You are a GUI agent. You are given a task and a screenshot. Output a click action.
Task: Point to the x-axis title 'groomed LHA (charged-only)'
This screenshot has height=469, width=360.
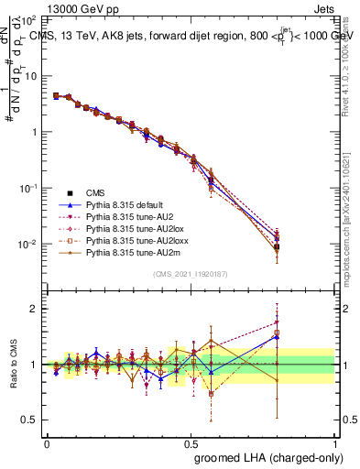point(267,456)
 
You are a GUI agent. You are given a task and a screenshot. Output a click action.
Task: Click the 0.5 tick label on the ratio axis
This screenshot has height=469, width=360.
point(29,420)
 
